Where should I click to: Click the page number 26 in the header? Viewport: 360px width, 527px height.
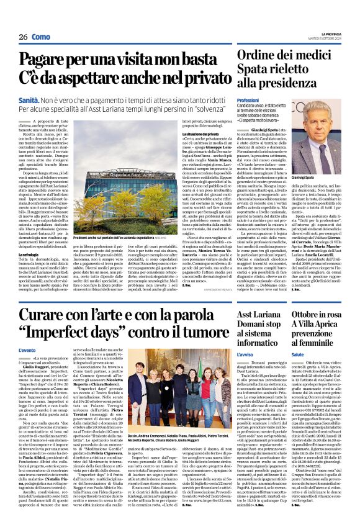[x=22, y=37]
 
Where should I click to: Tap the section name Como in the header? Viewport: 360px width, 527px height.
[x=41, y=37]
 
